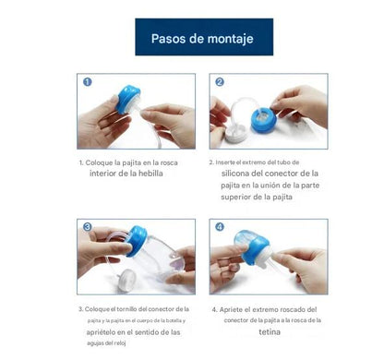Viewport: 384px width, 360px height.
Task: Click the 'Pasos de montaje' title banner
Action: pos(204,38)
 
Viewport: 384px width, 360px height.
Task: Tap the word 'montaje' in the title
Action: pos(228,39)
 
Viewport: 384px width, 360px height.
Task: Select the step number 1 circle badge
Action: pos(88,81)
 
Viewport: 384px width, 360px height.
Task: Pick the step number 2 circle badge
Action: pos(220,81)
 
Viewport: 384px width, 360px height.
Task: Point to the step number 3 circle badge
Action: pos(88,226)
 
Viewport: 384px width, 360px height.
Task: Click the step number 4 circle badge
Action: pos(220,226)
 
